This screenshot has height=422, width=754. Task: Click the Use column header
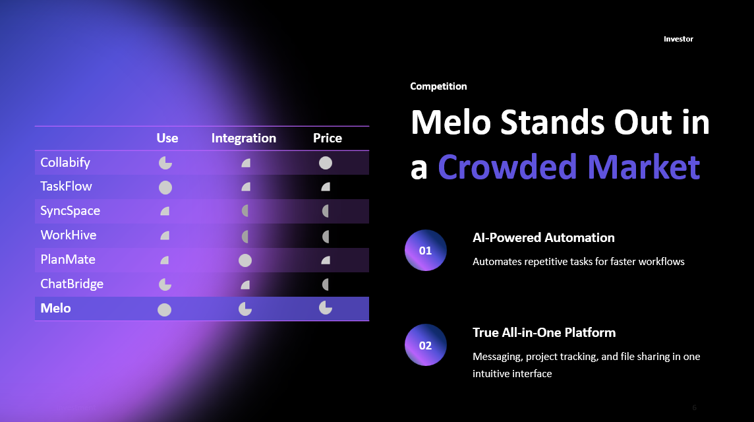point(167,138)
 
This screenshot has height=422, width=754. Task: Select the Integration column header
point(243,138)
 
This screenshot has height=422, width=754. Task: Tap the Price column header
point(327,138)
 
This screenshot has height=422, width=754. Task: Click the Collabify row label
point(65,162)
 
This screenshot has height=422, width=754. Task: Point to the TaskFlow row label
point(66,187)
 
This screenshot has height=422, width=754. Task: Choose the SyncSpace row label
point(70,211)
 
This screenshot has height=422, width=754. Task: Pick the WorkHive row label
point(68,235)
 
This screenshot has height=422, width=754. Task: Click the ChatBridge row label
point(72,284)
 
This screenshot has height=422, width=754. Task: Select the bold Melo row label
point(55,308)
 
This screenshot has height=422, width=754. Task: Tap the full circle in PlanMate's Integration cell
point(245,260)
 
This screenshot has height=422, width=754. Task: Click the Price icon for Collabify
point(326,163)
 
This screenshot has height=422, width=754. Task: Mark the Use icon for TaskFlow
point(165,187)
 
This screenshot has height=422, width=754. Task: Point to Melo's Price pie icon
point(326,307)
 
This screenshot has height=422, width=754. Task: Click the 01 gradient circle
point(426,251)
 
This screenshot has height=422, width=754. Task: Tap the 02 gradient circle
point(426,346)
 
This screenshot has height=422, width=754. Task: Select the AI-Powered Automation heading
point(543,237)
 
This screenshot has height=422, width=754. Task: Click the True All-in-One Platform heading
point(544,332)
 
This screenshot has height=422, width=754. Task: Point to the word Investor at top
point(678,39)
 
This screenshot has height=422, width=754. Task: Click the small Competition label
point(438,86)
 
